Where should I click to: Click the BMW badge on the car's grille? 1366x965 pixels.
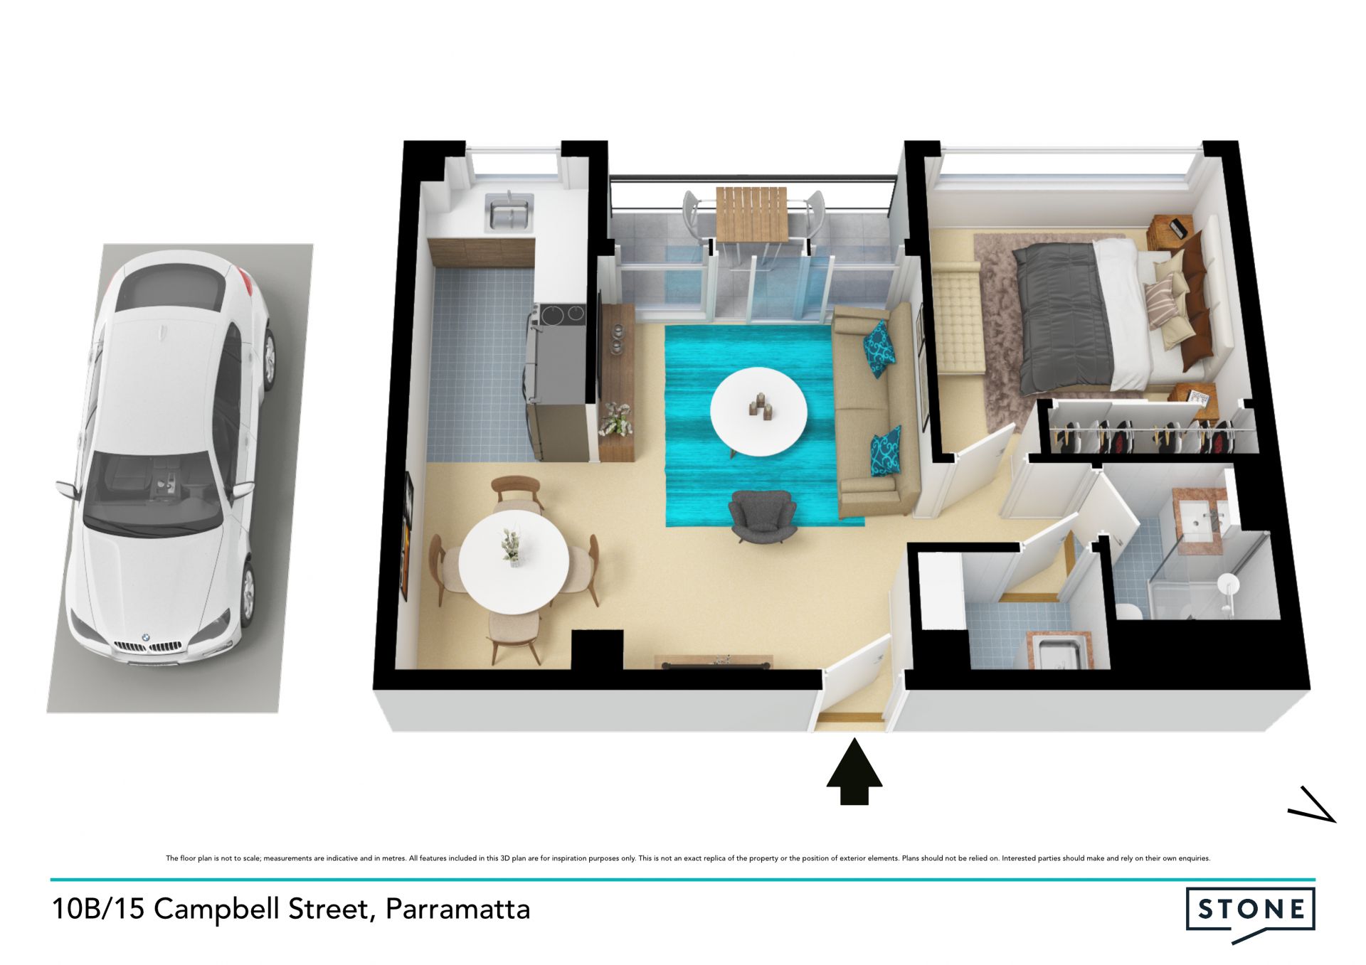point(144,638)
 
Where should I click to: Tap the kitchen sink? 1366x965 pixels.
point(508,212)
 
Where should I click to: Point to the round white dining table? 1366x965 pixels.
point(514,562)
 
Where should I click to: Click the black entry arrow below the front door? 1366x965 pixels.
point(854,772)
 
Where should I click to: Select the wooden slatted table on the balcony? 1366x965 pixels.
point(751,213)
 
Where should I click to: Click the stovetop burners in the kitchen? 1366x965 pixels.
point(561,314)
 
